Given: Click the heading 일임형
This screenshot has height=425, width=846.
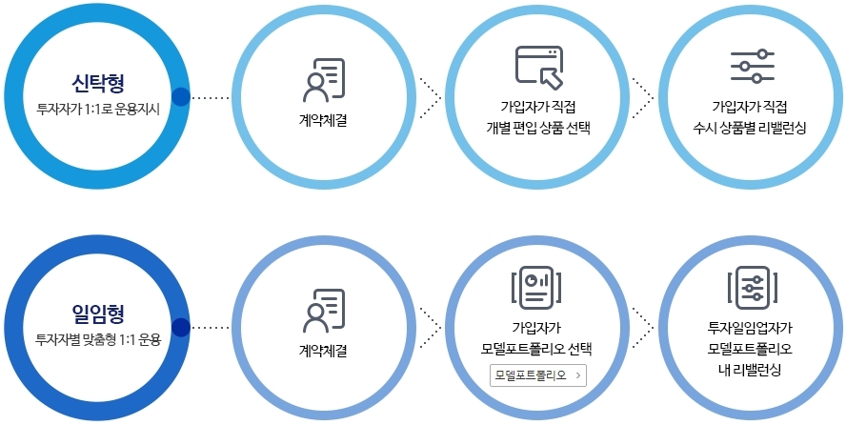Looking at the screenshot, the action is (x=97, y=312).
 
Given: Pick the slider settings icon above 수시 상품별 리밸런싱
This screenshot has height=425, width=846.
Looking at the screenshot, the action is (x=752, y=66).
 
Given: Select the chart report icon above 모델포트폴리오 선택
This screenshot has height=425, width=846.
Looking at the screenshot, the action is (x=537, y=285).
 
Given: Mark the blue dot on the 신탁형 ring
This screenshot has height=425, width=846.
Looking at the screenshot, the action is (x=181, y=96).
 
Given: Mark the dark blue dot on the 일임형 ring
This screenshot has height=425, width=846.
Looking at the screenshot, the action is (x=181, y=328).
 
